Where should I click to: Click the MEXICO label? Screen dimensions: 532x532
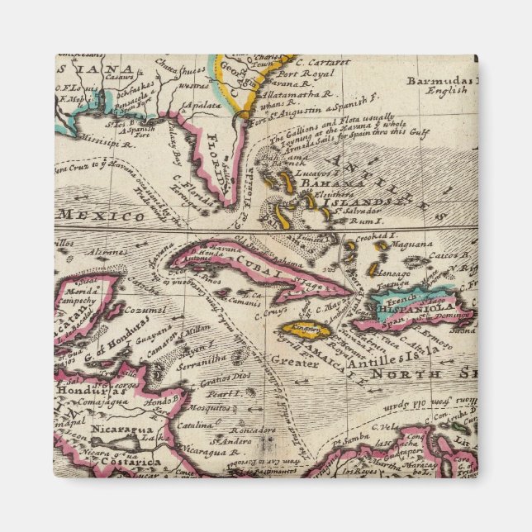[x=111, y=216]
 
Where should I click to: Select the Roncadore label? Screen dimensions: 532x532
[x=252, y=430]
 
